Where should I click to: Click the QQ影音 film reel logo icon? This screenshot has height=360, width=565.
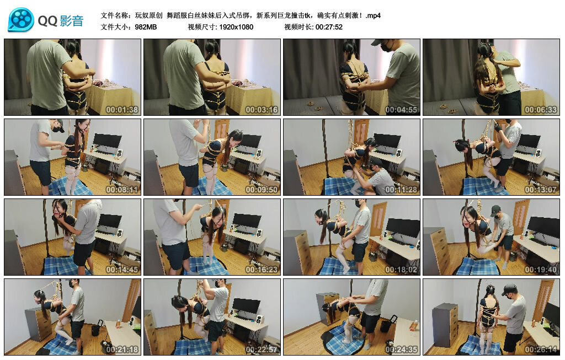(x=21, y=20)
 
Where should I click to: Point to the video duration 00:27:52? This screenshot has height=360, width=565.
(x=329, y=26)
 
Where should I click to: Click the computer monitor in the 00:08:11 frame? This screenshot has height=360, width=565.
(x=107, y=142)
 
